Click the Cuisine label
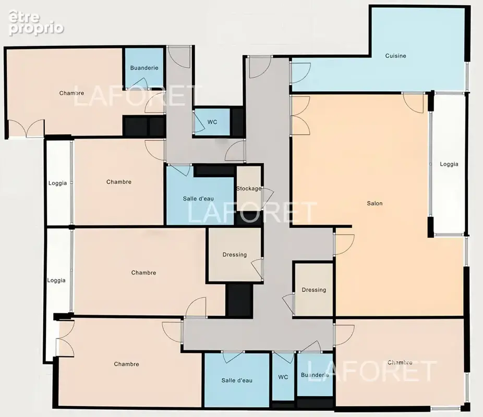395,56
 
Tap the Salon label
375,203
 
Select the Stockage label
249,189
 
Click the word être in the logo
25,17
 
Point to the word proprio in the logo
36,29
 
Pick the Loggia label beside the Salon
449,164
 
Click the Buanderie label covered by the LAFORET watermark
315,375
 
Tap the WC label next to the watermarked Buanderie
283,377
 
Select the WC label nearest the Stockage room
212,122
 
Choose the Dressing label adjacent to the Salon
314,290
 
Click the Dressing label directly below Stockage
235,255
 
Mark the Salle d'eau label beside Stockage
198,199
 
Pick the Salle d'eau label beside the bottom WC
237,381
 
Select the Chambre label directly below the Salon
400,362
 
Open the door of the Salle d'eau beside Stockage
179,170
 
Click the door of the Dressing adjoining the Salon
288,304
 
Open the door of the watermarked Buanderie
310,347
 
